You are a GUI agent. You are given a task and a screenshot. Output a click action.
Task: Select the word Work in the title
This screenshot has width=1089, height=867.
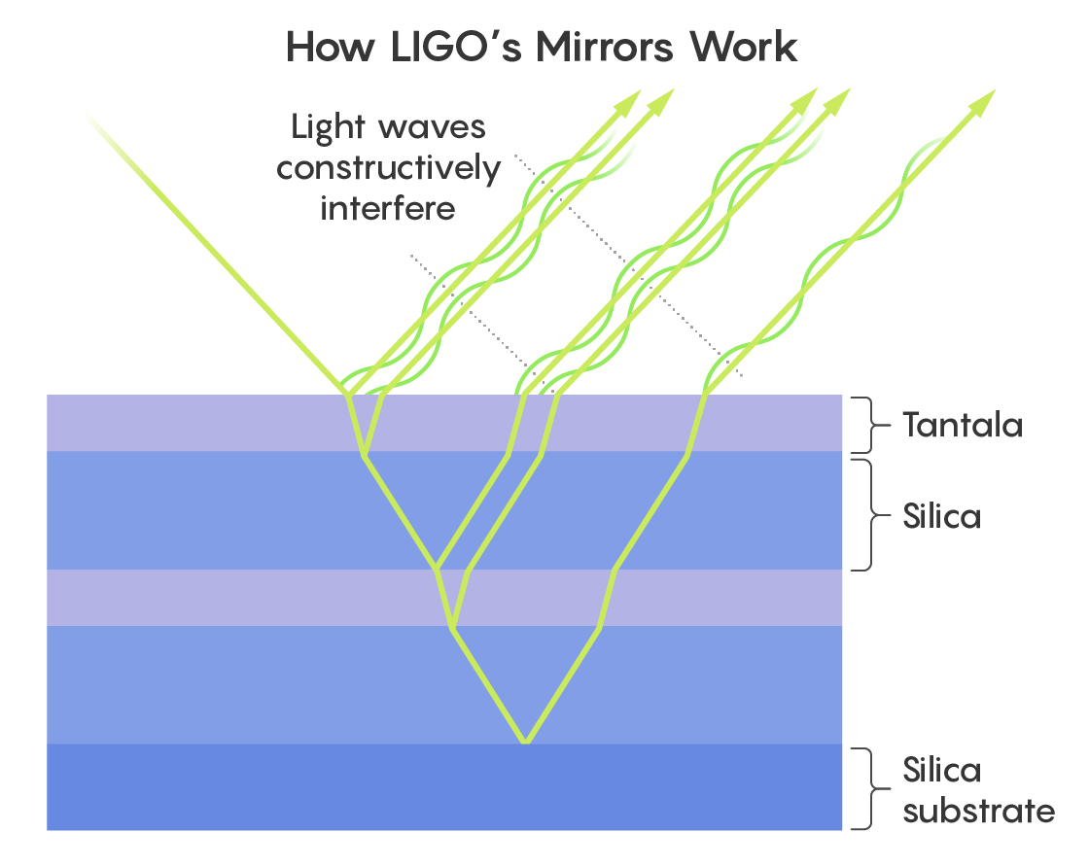pyautogui.click(x=751, y=47)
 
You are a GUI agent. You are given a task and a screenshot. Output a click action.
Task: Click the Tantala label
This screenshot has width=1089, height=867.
pyautogui.click(x=962, y=425)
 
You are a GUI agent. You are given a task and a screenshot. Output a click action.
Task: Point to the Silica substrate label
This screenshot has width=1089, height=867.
pyautogui.click(x=977, y=790)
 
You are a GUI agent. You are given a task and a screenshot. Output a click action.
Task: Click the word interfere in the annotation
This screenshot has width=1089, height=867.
pyautogui.click(x=388, y=207)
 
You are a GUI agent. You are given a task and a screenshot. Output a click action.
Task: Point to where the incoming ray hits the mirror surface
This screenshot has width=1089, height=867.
pyautogui.click(x=346, y=394)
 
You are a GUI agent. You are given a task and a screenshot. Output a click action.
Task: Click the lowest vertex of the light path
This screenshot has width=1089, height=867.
pyautogui.click(x=525, y=744)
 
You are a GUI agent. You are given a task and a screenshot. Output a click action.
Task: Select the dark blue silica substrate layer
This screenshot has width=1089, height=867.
pyautogui.click(x=443, y=787)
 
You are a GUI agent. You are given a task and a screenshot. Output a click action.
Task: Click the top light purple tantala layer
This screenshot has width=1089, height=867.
pyautogui.click(x=194, y=423)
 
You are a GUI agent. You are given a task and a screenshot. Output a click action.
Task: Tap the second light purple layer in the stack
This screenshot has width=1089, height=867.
pyautogui.click(x=194, y=597)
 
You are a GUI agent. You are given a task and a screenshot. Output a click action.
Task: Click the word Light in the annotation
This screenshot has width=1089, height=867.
pyautogui.click(x=331, y=127)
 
